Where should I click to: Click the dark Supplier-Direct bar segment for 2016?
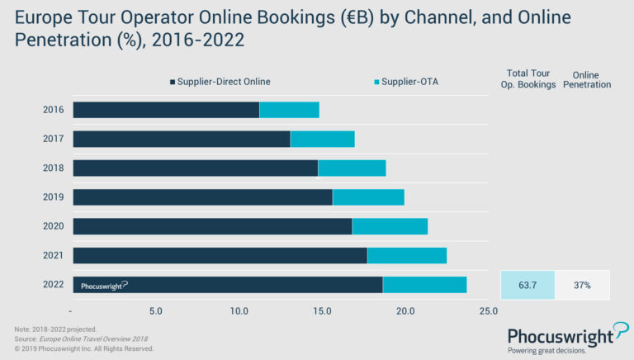pos(166,110)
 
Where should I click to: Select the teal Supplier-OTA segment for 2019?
pos(368,197)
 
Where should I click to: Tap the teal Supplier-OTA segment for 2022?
pos(424,285)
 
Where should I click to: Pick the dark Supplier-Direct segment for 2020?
pos(212,226)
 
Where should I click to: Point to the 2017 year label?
pos(54,139)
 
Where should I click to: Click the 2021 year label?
pos(54,255)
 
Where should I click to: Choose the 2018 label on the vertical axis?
pos(54,168)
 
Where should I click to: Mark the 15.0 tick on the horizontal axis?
pos(323,311)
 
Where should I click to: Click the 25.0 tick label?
pos(489,311)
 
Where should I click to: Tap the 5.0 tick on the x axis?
pos(156,311)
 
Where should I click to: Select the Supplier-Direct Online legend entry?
pos(220,82)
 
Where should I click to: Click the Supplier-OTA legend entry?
pos(405,82)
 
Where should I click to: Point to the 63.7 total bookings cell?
pos(528,285)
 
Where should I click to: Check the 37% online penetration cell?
pos(582,285)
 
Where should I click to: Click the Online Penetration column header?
pos(586,78)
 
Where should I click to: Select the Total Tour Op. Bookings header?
pos(528,78)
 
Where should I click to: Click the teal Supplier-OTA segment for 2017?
pos(322,139)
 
